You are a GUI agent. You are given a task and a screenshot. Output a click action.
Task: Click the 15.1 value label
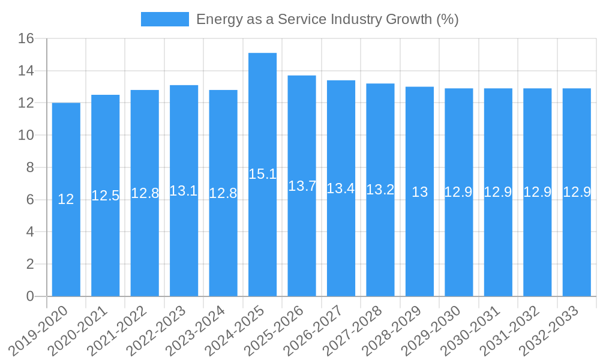262,174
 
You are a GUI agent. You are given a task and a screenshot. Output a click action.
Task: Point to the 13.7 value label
302,186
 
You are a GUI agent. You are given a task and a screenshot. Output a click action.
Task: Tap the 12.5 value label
105,196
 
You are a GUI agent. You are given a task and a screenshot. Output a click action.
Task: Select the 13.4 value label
341,188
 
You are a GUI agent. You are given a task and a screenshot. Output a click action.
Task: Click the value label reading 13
419,192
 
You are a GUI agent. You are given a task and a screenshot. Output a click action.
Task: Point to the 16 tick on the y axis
26,39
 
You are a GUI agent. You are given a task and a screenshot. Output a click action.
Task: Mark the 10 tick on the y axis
26,136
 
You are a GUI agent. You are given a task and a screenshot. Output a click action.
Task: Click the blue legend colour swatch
164,19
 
